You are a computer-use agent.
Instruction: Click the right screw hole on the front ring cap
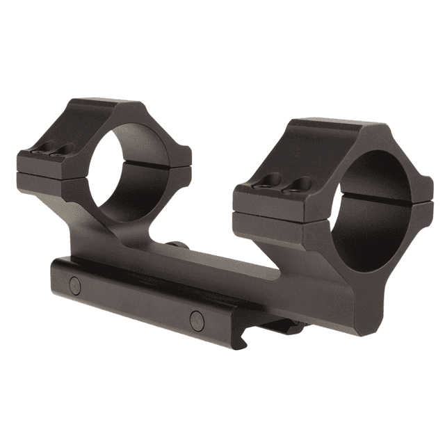point(301,184)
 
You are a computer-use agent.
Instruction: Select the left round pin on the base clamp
point(74,285)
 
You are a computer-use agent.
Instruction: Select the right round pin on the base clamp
point(197,319)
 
